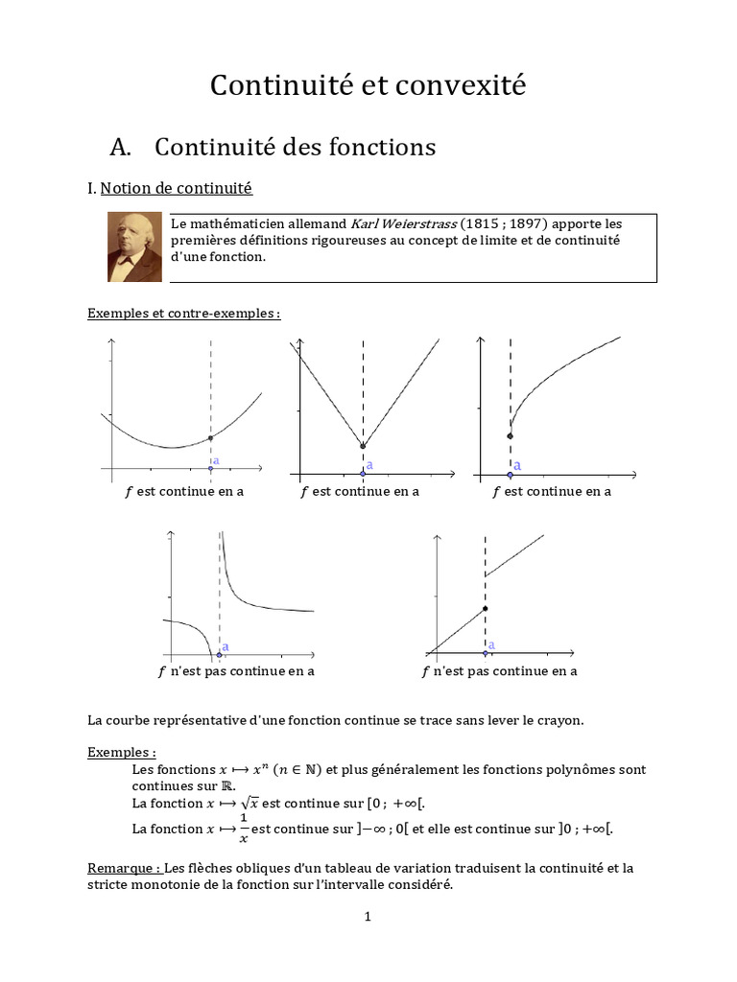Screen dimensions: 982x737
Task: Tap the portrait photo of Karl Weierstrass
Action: [x=134, y=246]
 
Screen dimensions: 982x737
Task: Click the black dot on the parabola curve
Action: [x=210, y=438]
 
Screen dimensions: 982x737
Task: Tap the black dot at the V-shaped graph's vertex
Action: [x=363, y=446]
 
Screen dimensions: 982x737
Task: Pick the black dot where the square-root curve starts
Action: [x=511, y=436]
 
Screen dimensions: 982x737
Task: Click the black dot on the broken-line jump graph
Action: [x=486, y=609]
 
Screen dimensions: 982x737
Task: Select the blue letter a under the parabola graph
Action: [x=216, y=460]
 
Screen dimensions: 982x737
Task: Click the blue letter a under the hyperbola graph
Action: [x=226, y=647]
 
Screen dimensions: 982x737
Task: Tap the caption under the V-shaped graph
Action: [x=360, y=491]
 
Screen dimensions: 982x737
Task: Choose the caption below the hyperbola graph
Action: [x=236, y=671]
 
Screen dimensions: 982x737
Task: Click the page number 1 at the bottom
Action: [x=368, y=917]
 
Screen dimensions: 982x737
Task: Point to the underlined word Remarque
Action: [x=122, y=868]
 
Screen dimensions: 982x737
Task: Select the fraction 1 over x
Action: [x=244, y=828]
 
